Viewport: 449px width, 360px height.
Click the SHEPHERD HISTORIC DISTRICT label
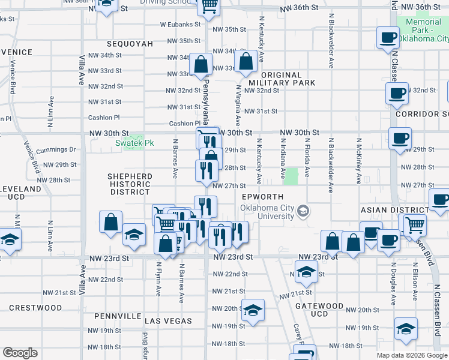point(130,184)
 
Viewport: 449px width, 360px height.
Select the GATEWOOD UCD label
point(319,310)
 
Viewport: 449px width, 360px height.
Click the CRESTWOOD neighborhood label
point(35,308)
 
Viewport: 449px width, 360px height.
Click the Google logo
point(20,353)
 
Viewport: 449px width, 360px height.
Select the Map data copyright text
point(411,355)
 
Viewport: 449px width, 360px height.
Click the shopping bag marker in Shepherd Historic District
point(111,222)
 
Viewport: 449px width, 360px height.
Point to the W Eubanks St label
point(179,25)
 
